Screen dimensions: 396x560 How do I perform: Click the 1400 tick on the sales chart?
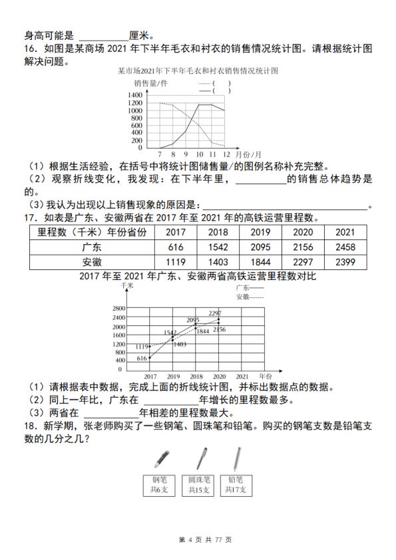[134, 94]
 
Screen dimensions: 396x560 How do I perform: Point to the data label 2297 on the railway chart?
[214, 313]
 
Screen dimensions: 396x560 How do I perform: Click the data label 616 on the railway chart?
[141, 358]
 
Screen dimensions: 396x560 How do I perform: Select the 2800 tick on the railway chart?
[118, 309]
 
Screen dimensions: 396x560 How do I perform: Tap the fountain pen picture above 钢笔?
[162, 458]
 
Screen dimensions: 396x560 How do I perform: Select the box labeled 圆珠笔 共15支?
[198, 485]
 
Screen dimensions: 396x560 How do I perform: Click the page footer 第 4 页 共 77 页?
[198, 539]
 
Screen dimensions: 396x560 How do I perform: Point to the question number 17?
[29, 217]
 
